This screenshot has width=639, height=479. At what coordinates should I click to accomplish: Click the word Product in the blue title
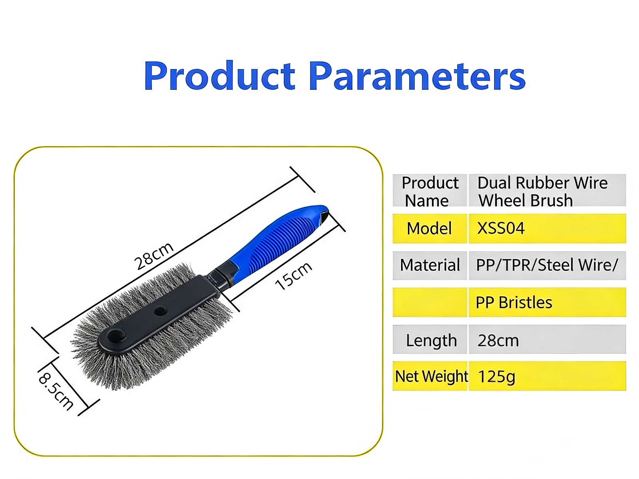219,76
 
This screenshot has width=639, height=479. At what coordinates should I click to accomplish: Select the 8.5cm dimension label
56,391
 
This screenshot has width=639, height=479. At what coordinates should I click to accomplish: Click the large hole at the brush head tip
116,336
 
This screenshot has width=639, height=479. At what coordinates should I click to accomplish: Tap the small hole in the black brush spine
160,311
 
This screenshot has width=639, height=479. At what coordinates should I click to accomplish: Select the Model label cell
430,228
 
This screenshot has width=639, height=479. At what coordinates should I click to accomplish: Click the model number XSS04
501,228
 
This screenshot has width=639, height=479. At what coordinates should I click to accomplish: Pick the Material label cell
430,265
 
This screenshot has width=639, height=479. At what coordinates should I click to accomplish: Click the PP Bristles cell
547,302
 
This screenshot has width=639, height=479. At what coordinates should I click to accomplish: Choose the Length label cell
430,340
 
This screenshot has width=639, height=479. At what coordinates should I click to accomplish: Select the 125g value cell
547,376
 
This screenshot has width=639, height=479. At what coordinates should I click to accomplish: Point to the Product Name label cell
430,190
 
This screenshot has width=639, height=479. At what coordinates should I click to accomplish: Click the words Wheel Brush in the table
525,200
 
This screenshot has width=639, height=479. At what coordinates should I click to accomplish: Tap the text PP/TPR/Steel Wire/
547,265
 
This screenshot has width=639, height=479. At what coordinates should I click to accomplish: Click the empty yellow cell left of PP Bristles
430,302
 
